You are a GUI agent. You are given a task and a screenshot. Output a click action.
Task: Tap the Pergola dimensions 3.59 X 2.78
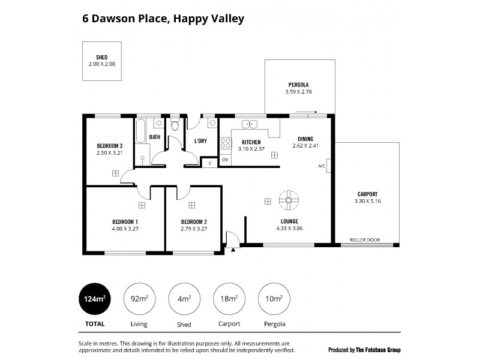298,92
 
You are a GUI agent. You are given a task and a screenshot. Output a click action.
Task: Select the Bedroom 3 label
110,146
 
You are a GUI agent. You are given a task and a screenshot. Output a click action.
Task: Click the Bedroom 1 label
125,221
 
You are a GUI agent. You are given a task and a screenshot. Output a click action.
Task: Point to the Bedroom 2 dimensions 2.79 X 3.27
194,229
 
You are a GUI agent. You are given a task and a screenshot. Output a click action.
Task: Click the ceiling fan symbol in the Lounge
288,200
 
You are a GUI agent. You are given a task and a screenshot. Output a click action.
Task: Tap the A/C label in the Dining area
322,166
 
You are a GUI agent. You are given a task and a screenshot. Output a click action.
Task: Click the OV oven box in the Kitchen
225,160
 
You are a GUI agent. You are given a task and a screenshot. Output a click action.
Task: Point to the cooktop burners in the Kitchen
226,144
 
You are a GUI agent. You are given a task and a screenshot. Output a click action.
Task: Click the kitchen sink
250,124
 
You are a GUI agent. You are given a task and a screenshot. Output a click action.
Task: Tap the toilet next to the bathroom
175,125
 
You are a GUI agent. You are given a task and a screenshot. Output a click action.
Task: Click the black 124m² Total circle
95,298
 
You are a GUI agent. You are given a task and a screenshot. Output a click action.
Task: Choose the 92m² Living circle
139,298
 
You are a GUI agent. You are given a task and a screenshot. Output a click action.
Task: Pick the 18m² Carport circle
228,298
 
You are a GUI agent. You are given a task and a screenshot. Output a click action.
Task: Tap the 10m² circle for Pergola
272,298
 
